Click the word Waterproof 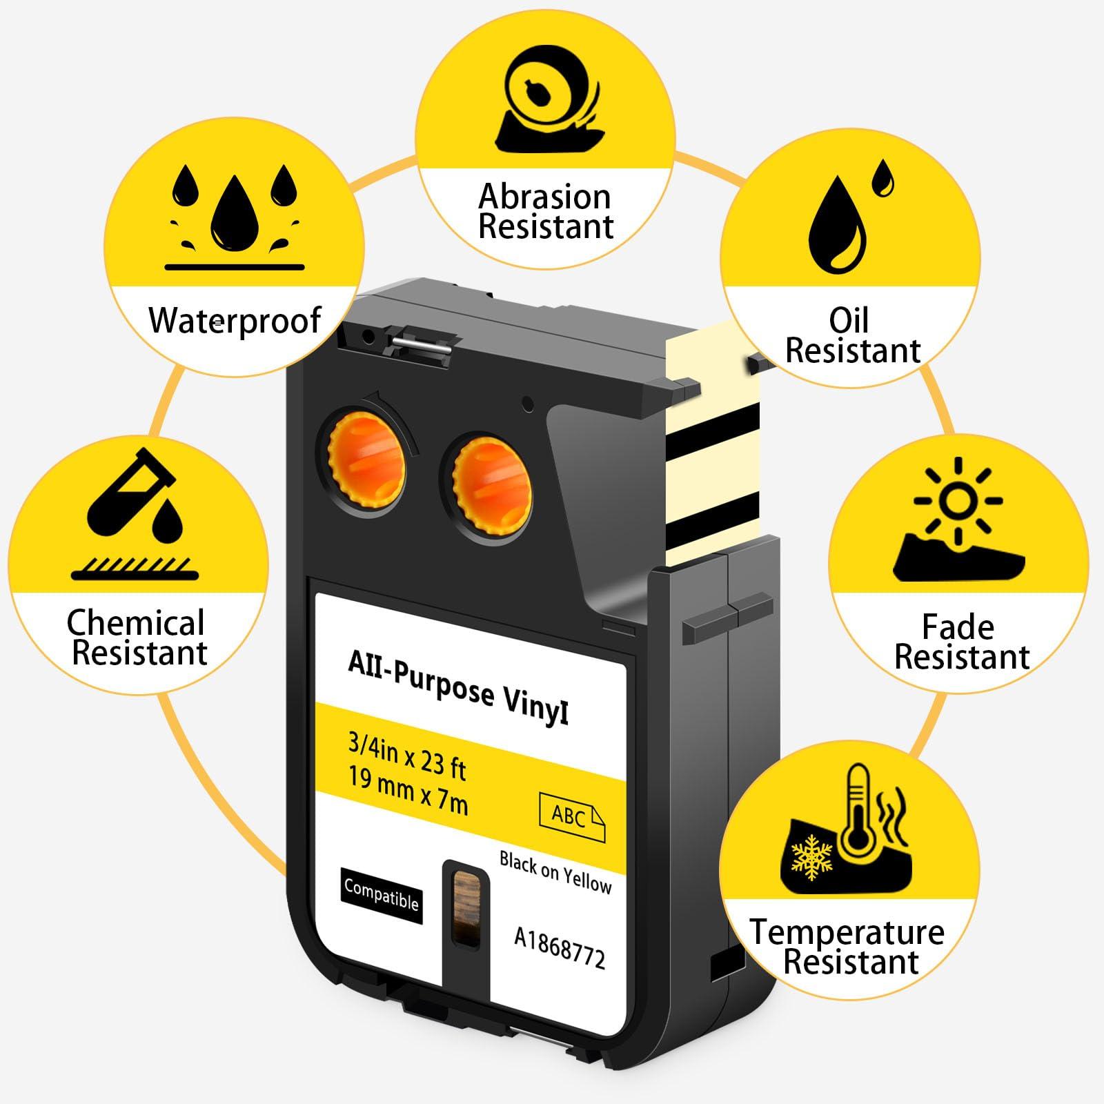coord(235,321)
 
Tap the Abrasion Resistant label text coord(545,212)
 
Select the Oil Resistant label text coord(852,336)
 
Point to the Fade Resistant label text coord(960,642)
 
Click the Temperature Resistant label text coord(848,947)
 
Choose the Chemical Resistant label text coord(138,638)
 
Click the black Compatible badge coord(381,895)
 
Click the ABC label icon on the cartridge coord(571,817)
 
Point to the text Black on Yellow coord(555,872)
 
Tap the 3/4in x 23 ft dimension coord(407,756)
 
